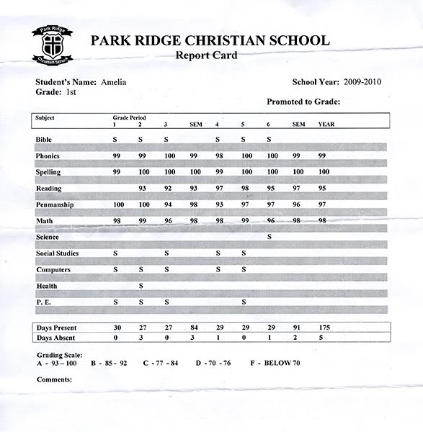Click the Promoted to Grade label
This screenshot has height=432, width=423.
click(x=303, y=102)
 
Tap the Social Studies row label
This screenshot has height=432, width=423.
click(x=57, y=253)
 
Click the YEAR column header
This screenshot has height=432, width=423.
click(x=326, y=124)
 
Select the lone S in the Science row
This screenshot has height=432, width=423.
click(x=269, y=237)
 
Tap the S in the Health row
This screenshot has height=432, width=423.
click(x=141, y=286)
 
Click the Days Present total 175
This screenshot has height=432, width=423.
click(x=325, y=328)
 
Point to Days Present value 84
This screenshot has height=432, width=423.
click(x=193, y=328)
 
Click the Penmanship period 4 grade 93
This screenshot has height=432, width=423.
click(x=218, y=204)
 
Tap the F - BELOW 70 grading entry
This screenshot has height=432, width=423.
click(x=275, y=362)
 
